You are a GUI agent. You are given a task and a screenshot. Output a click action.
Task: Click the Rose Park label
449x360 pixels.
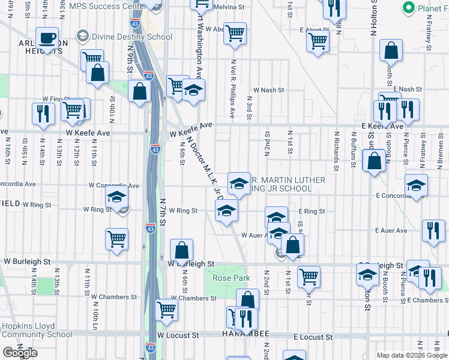(231, 278)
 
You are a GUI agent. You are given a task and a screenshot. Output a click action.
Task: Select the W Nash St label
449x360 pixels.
(268, 90)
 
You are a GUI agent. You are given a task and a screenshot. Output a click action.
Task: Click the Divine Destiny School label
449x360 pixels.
(132, 37)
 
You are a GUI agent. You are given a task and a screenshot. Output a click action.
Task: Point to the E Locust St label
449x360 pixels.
(313, 338)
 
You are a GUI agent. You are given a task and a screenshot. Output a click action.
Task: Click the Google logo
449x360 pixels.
(20, 353)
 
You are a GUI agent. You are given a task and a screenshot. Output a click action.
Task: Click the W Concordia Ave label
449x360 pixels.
(114, 186)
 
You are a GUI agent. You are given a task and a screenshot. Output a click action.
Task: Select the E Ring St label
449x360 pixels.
(312, 212)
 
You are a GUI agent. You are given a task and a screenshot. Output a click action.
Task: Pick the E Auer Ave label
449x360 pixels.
(391, 230)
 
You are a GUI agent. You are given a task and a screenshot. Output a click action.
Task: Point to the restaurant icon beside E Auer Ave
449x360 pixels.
(432, 230)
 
